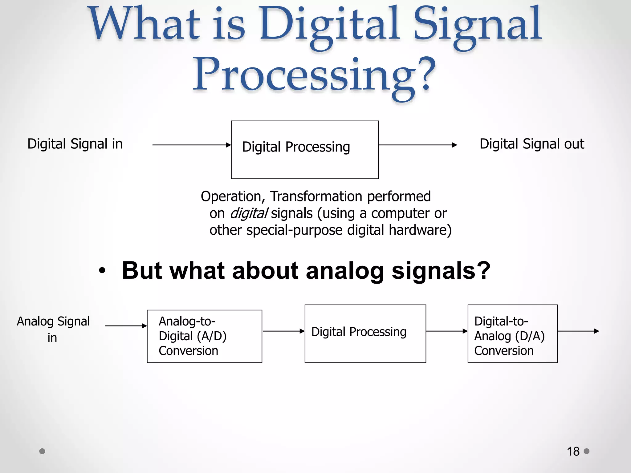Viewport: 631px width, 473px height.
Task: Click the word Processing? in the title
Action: point(314,75)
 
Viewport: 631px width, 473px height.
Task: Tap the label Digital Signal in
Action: point(75,144)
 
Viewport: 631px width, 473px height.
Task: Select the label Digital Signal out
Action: point(532,144)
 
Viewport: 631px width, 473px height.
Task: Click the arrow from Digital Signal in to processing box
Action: point(191,145)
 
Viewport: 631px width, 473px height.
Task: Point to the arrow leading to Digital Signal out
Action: point(417,145)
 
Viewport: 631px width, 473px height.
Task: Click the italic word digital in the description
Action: point(249,213)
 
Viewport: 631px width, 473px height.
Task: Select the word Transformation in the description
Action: point(316,196)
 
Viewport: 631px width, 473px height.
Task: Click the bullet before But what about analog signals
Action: point(102,271)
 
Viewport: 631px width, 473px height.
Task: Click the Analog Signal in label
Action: point(53,329)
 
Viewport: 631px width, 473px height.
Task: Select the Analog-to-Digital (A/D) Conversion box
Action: point(204,336)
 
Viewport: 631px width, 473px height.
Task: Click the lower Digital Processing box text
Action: point(359,332)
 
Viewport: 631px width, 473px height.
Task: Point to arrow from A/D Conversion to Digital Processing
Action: point(283,331)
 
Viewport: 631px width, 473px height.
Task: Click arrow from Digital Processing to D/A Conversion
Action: point(446,331)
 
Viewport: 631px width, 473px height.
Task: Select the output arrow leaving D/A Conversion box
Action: point(578,331)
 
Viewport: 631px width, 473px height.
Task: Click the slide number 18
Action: point(573,451)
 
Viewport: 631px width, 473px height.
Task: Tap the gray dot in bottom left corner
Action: point(42,451)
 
